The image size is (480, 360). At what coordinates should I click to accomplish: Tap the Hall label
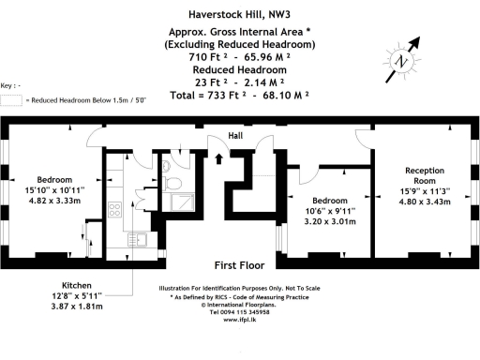click(236, 136)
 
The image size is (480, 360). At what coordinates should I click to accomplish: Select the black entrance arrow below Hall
click(220, 157)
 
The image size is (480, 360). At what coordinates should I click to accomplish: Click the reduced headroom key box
click(10, 99)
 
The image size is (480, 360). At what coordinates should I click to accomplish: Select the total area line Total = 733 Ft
click(237, 96)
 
